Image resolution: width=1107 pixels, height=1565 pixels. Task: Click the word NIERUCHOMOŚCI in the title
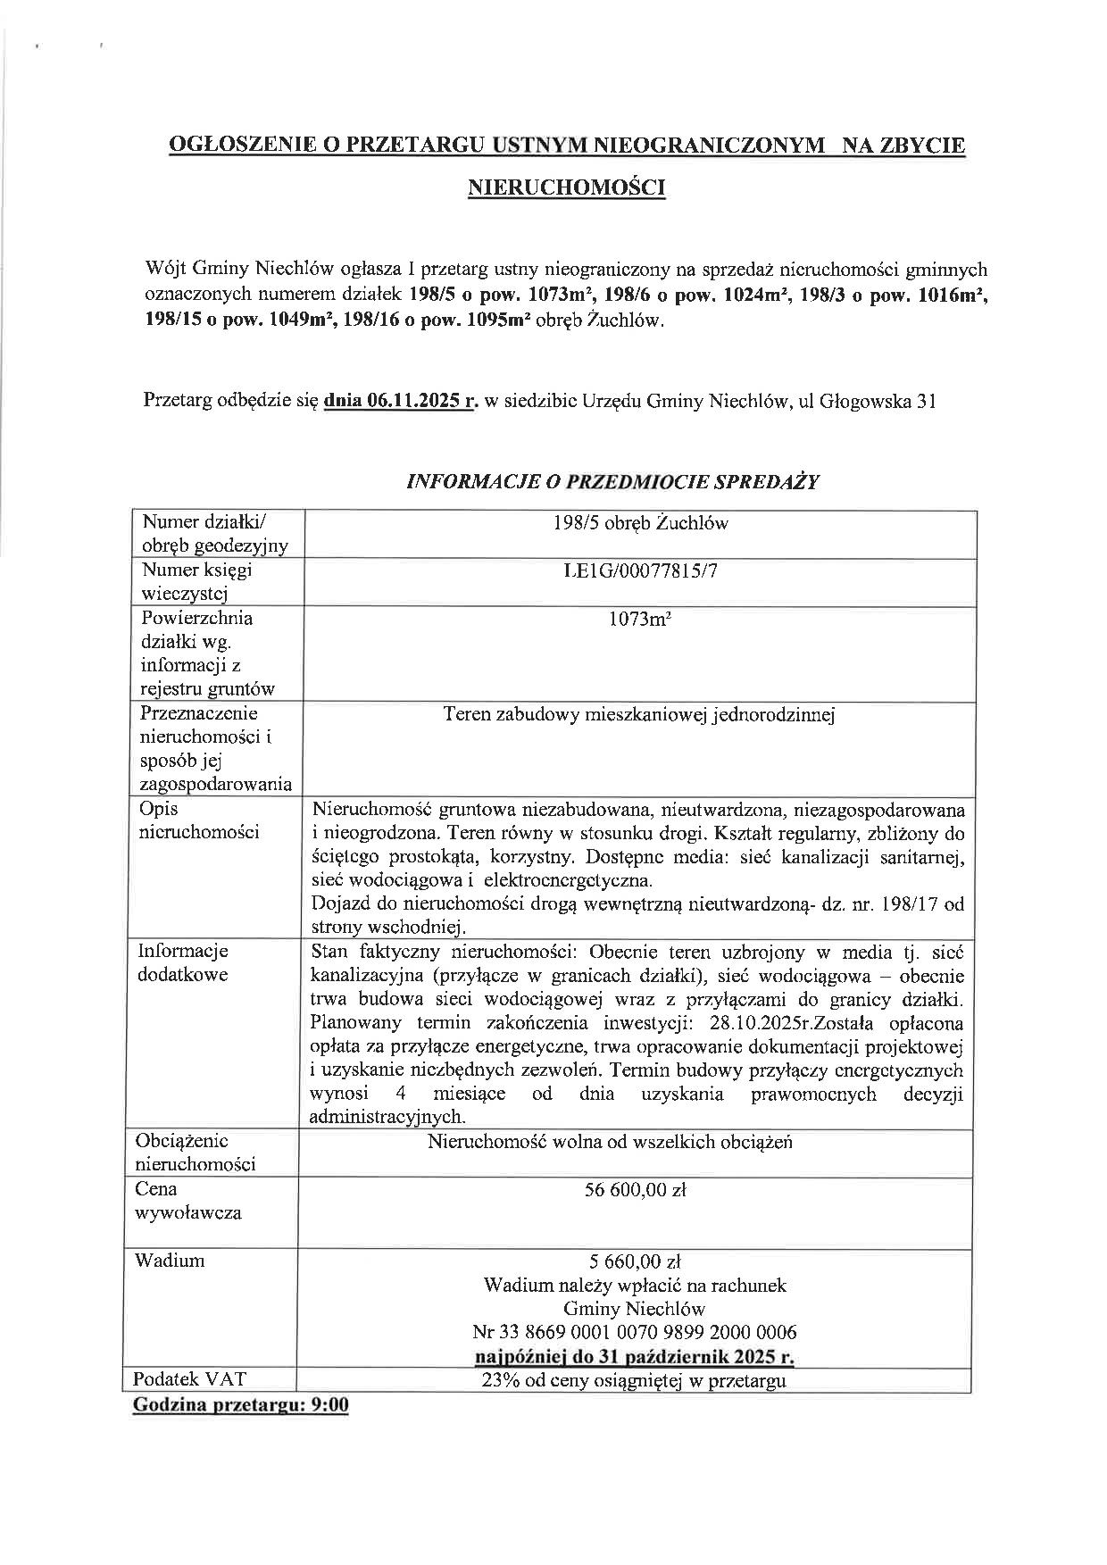pyautogui.click(x=567, y=187)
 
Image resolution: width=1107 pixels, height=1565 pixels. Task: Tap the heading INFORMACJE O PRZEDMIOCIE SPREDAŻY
pyautogui.click(x=612, y=482)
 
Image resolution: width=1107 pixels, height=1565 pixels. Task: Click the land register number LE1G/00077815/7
pyautogui.click(x=640, y=570)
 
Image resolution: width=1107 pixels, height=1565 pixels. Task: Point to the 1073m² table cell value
pyautogui.click(x=640, y=619)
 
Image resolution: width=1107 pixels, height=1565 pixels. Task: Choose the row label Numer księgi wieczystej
pyautogui.click(x=196, y=581)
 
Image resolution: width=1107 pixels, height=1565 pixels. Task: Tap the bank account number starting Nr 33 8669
pyautogui.click(x=635, y=1333)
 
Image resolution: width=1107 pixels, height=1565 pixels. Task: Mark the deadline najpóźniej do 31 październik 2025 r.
pyautogui.click(x=635, y=1357)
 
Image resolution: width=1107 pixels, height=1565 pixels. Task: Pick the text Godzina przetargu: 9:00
pyautogui.click(x=240, y=1405)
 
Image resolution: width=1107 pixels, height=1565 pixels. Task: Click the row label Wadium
pyautogui.click(x=170, y=1261)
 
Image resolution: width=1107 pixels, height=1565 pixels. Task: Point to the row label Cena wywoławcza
pyautogui.click(x=187, y=1201)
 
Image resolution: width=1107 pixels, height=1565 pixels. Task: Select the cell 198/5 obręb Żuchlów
pyautogui.click(x=640, y=523)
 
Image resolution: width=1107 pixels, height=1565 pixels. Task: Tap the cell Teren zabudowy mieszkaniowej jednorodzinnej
pyautogui.click(x=638, y=715)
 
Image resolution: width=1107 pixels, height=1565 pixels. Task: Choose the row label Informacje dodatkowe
pyautogui.click(x=182, y=962)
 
